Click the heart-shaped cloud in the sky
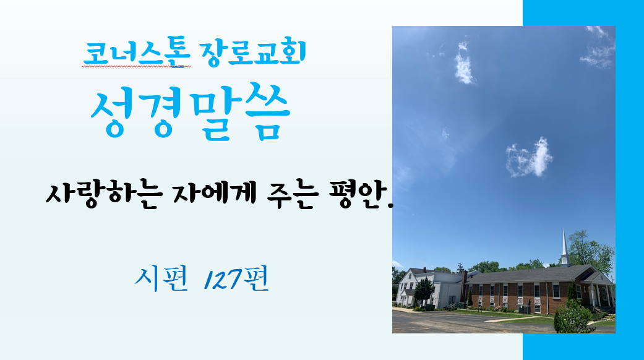(530, 158)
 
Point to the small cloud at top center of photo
(464, 64)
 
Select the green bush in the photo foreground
(573, 317)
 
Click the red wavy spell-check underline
(137, 66)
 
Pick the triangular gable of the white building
(406, 277)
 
